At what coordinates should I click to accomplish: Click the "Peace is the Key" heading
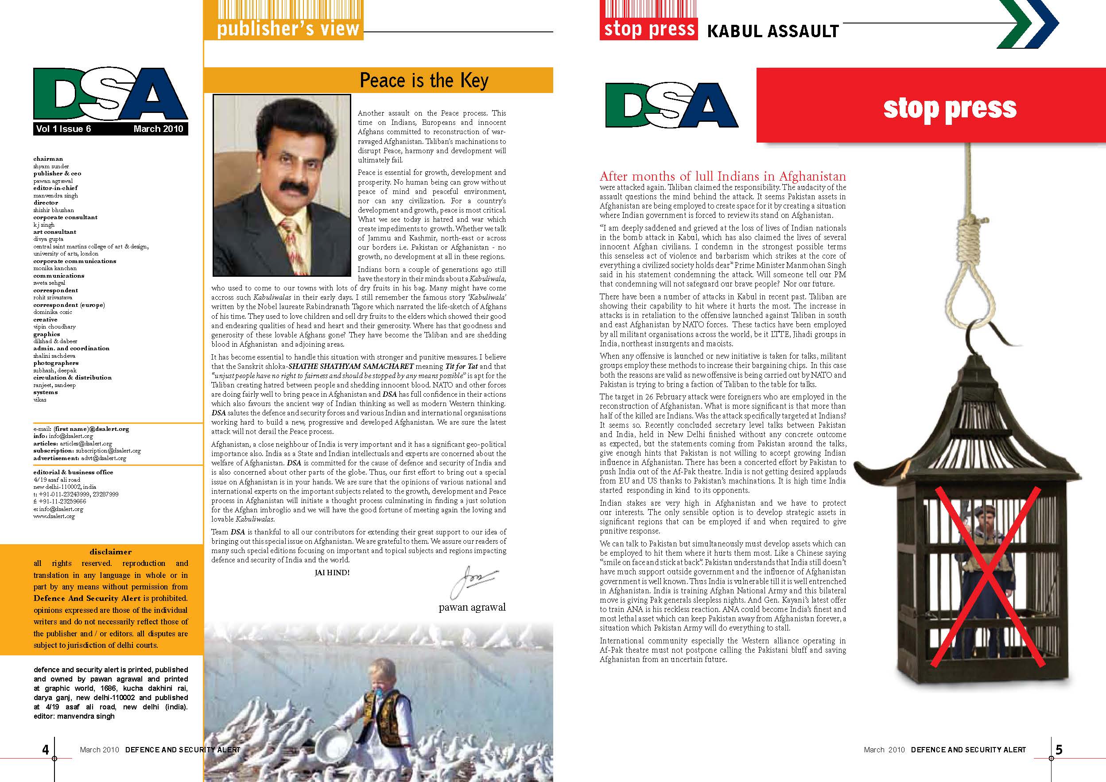click(x=424, y=81)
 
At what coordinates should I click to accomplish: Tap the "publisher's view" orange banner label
click(x=287, y=29)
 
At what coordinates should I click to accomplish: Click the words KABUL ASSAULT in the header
click(x=772, y=31)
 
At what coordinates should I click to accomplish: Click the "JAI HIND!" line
click(x=332, y=573)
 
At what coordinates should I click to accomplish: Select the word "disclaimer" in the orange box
click(x=110, y=552)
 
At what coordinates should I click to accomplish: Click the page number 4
click(x=45, y=750)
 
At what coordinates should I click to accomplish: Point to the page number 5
click(x=1059, y=750)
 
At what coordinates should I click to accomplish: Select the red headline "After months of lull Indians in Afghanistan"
click(x=722, y=177)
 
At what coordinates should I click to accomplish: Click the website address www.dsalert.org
click(x=54, y=516)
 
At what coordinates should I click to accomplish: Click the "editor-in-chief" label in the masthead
click(x=55, y=188)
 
